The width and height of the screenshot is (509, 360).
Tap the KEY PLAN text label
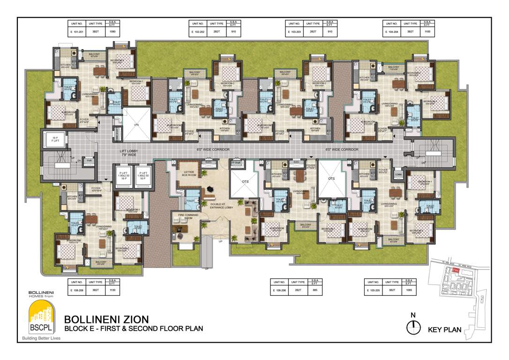445,330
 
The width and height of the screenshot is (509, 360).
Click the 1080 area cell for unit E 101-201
112,31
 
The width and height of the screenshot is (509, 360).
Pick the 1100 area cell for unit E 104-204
427,31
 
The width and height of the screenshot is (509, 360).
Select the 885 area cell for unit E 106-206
314,291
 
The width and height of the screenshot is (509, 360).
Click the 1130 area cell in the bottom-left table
112,291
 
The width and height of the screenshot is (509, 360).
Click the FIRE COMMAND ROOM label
185,216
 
